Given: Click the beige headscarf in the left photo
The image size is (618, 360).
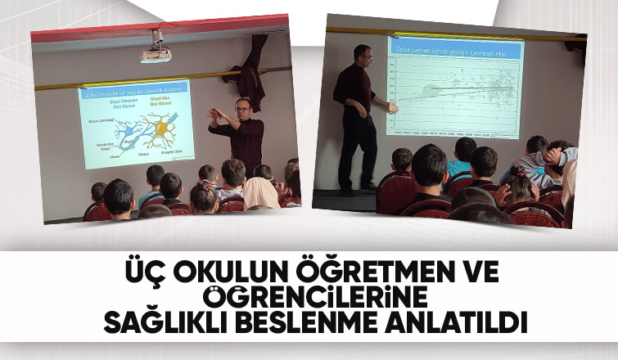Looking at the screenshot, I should [259, 193].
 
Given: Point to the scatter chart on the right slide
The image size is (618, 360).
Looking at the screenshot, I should [454, 90].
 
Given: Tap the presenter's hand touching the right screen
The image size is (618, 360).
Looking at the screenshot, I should [394, 106].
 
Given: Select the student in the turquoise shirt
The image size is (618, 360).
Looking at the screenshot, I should [461, 157].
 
